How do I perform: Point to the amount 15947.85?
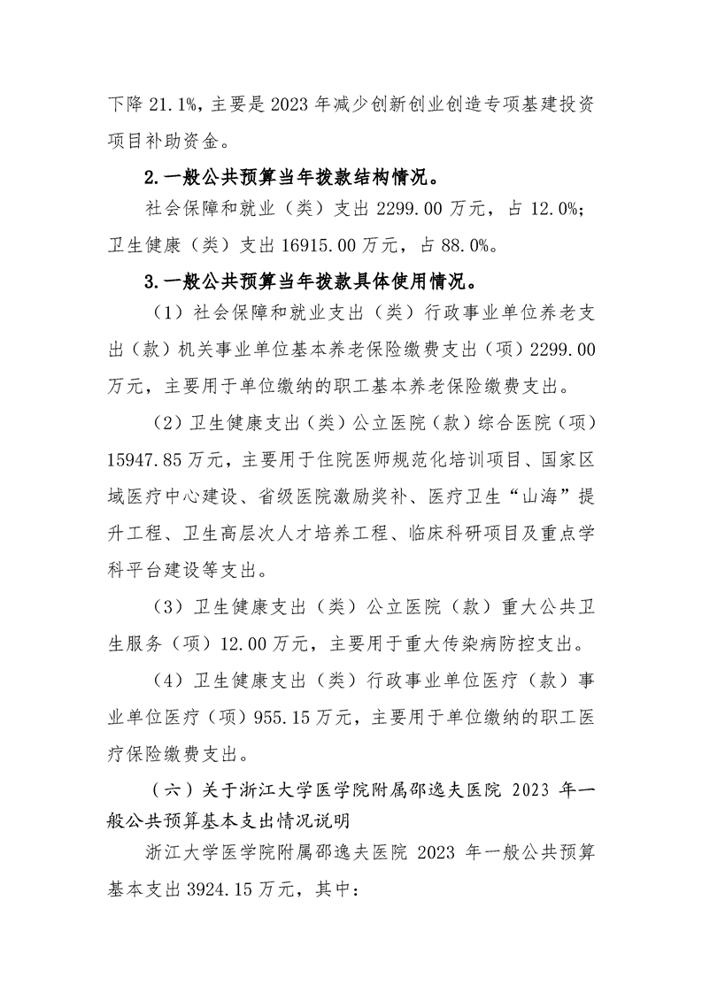[143, 460]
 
